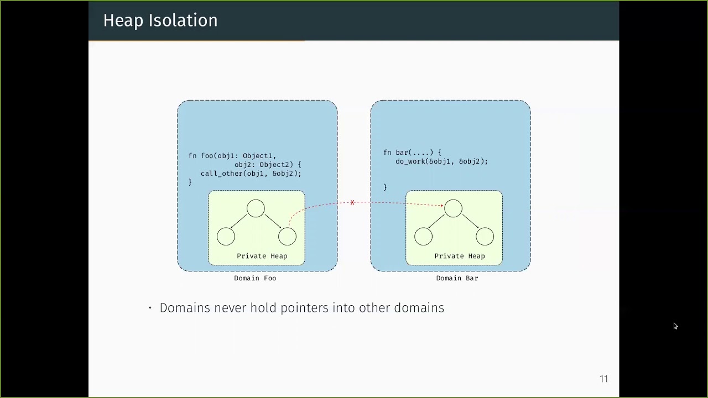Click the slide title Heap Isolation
(160, 20)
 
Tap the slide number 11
(603, 379)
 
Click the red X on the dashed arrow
(352, 203)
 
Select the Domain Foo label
(254, 278)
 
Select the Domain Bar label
(457, 278)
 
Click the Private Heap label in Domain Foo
(262, 256)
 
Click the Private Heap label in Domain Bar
(459, 256)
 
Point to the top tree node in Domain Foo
(256, 208)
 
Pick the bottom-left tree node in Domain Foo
(226, 237)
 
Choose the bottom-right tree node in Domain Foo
(287, 237)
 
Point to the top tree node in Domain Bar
(453, 208)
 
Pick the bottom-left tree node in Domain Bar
(423, 237)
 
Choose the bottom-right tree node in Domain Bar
(485, 237)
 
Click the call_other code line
(251, 174)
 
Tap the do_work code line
(441, 161)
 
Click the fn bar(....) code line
(412, 153)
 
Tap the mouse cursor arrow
(675, 326)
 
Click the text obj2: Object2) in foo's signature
(268, 165)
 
